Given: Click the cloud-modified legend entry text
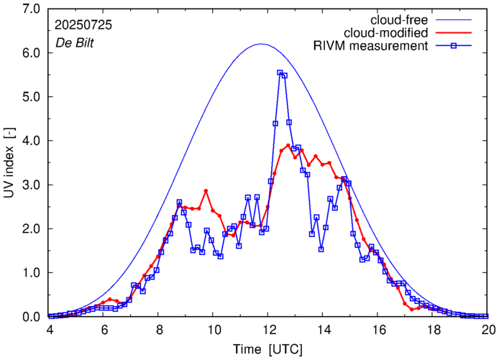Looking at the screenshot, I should pyautogui.click(x=386, y=32).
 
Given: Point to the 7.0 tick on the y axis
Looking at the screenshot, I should pyautogui.click(x=31, y=9).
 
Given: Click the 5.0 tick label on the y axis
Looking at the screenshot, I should pyautogui.click(x=31, y=97).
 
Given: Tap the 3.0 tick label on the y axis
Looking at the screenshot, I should pyautogui.click(x=31, y=185).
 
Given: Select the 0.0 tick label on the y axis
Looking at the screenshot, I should pyautogui.click(x=31, y=316).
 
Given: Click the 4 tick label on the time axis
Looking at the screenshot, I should pyautogui.click(x=49, y=330).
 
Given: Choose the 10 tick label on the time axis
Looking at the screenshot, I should pyautogui.click(x=214, y=330).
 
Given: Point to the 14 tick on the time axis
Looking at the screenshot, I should pyautogui.click(x=324, y=330).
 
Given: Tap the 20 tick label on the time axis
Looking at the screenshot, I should pyautogui.click(x=488, y=330).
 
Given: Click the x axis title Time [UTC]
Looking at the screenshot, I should pyautogui.click(x=267, y=349).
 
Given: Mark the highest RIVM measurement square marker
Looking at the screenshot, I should pyautogui.click(x=280, y=73).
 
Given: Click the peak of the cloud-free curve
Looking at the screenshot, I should pyautogui.click(x=262, y=44).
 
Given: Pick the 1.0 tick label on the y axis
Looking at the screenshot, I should pyautogui.click(x=31, y=272).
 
